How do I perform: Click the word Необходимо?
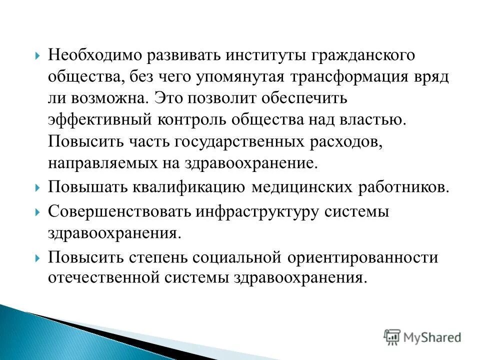point(93,55)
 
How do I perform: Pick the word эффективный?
point(100,119)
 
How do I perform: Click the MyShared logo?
point(422,337)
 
